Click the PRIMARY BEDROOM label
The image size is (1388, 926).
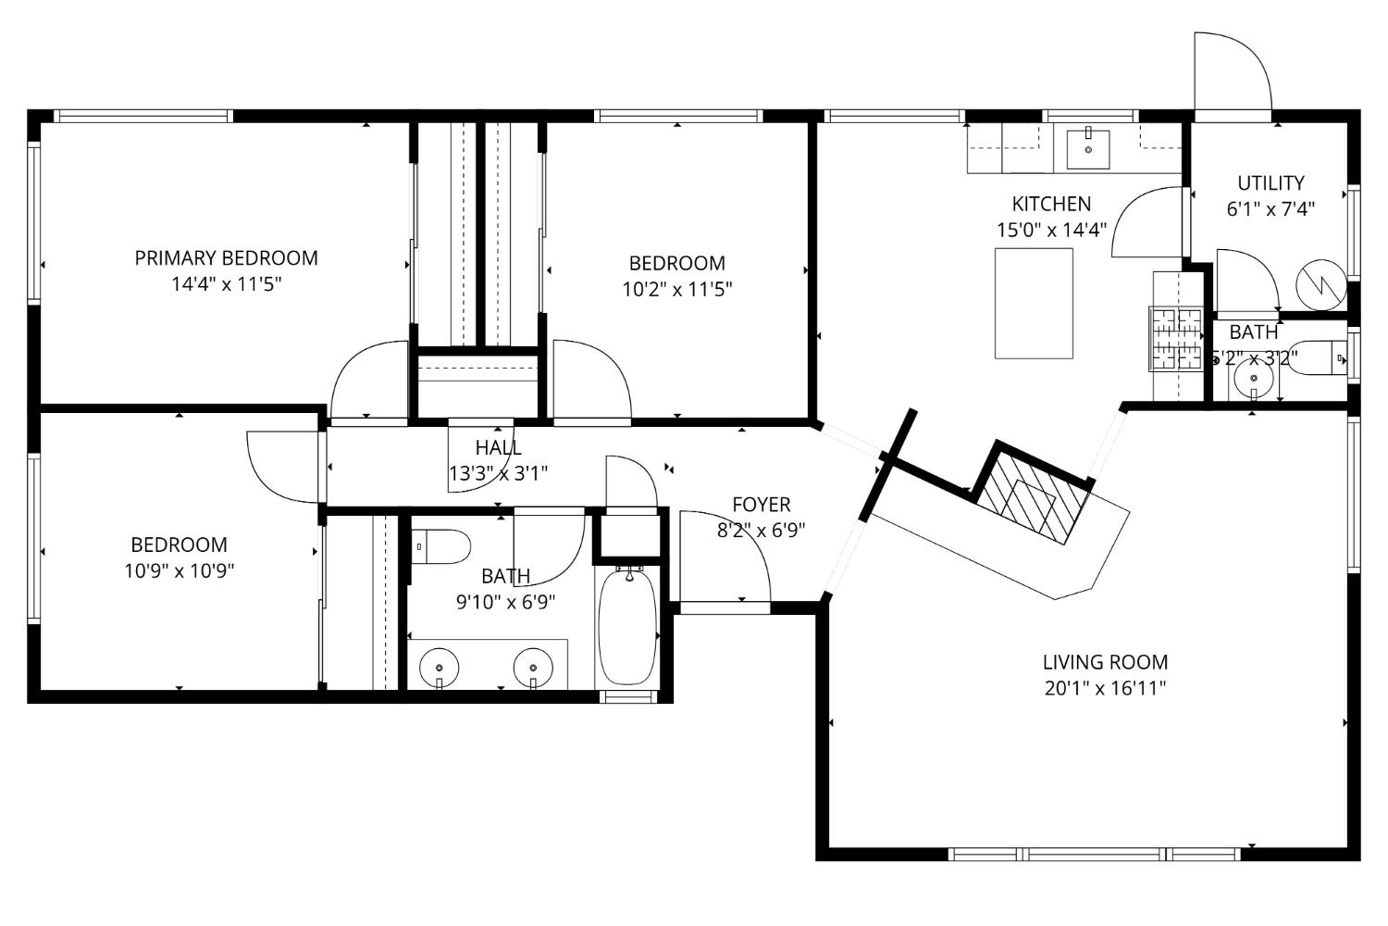226,258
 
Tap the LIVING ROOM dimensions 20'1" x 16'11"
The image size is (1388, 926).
1105,688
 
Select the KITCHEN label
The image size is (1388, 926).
1051,204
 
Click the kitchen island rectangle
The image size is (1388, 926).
1034,303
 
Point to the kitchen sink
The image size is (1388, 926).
1088,149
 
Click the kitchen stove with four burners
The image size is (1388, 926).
1174,338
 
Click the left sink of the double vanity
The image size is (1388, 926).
439,666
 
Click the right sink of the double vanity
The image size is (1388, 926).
532,666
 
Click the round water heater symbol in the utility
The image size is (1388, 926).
1320,282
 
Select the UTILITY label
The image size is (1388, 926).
1270,183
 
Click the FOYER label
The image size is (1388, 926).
761,505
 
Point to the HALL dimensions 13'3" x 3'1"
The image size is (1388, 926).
498,473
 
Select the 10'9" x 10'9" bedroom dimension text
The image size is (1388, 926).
179,570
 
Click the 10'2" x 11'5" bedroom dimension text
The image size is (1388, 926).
676,289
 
